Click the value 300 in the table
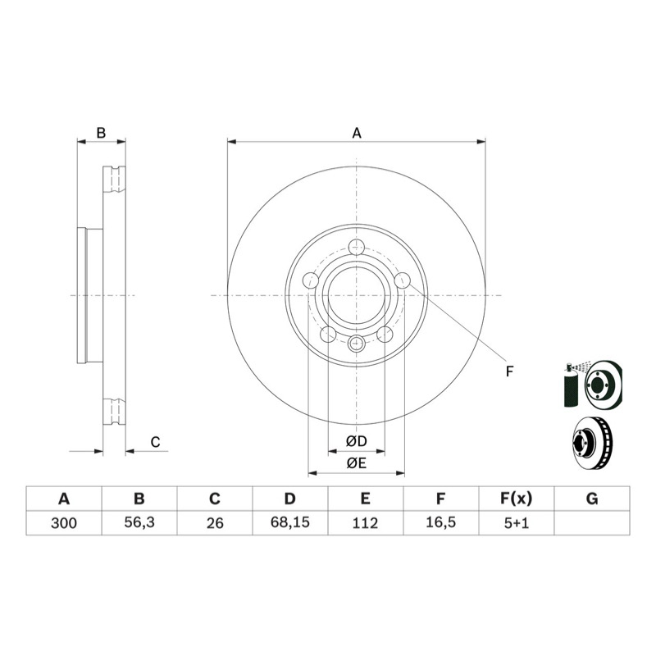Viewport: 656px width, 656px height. pyautogui.click(x=64, y=523)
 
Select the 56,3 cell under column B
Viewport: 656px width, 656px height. pyautogui.click(x=139, y=522)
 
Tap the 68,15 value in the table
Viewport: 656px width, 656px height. pyautogui.click(x=290, y=522)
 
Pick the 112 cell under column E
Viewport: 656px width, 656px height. pyautogui.click(x=365, y=523)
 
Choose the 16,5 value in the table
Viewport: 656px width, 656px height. pyautogui.click(x=441, y=522)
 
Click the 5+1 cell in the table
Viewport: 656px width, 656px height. pyautogui.click(x=517, y=523)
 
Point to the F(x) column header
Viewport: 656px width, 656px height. pyautogui.click(x=517, y=499)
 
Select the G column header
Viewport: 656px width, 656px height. pyautogui.click(x=592, y=499)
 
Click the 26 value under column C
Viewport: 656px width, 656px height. pyautogui.click(x=215, y=523)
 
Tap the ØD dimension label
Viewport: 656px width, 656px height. pyautogui.click(x=357, y=441)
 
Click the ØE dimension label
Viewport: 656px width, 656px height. pyautogui.click(x=357, y=463)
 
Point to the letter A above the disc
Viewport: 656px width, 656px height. pyautogui.click(x=357, y=133)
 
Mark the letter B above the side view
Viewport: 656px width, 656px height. pyautogui.click(x=101, y=133)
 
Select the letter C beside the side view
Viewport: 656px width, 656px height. pyautogui.click(x=155, y=442)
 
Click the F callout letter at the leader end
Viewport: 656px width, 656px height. pyautogui.click(x=509, y=371)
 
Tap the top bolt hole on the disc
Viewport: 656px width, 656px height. pyautogui.click(x=357, y=248)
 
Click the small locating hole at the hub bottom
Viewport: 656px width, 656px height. pyautogui.click(x=357, y=344)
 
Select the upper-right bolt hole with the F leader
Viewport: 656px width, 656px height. pyautogui.click(x=403, y=280)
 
